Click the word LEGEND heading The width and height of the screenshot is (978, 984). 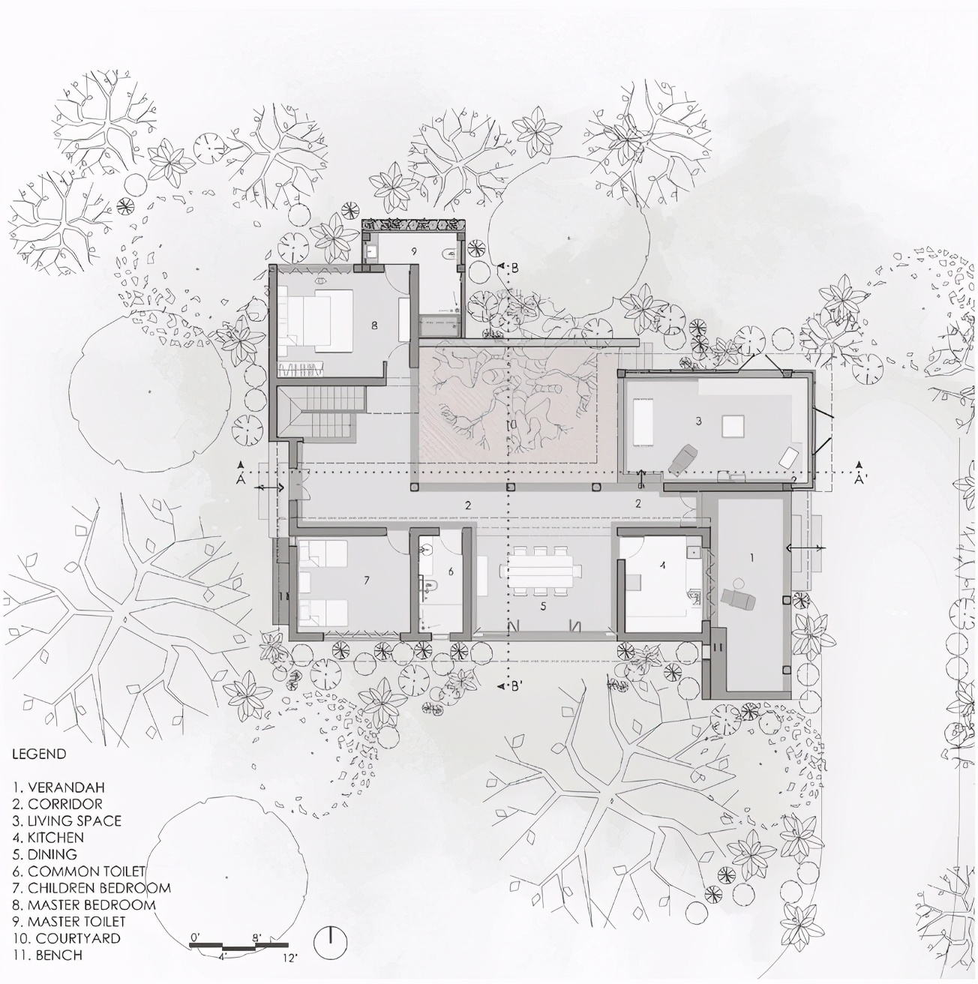39,754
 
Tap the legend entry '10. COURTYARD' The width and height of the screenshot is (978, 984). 67,938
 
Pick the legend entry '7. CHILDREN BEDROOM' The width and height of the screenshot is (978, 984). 91,887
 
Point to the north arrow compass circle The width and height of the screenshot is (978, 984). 331,941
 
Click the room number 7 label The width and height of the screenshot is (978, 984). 366,580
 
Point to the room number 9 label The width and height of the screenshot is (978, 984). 414,250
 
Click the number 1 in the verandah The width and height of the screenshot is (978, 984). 751,557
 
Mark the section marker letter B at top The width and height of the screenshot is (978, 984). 514,268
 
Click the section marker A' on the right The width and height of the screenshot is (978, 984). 860,479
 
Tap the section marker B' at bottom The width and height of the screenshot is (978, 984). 517,687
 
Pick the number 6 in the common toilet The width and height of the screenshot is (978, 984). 451,572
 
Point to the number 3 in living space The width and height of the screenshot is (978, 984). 699,421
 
